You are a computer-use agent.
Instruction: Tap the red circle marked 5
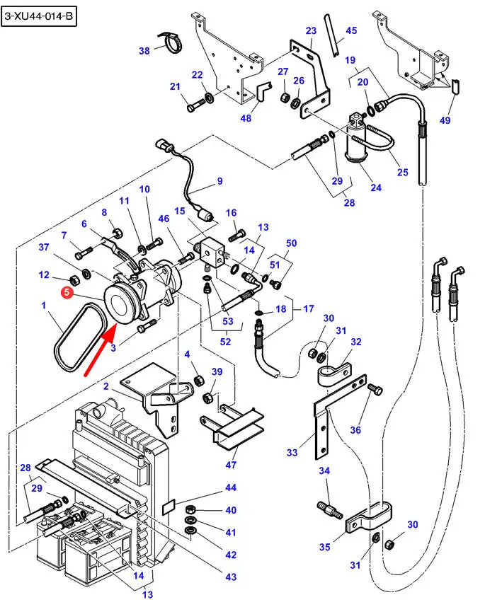click(x=67, y=291)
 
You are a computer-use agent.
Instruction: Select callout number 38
click(x=144, y=50)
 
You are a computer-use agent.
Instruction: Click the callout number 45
click(x=351, y=30)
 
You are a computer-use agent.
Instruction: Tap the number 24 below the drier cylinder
click(x=375, y=187)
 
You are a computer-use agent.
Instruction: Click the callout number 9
click(x=219, y=181)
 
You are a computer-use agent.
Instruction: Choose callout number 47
click(x=231, y=466)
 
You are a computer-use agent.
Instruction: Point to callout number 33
click(x=292, y=452)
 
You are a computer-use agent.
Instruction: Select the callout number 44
click(x=231, y=487)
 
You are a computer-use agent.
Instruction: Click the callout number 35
click(x=325, y=547)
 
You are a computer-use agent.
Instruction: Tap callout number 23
click(x=311, y=30)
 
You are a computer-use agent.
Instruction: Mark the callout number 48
click(x=246, y=118)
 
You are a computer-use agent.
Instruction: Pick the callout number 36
click(x=355, y=429)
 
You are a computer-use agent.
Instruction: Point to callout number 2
click(x=105, y=386)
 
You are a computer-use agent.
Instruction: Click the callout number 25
click(x=402, y=172)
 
